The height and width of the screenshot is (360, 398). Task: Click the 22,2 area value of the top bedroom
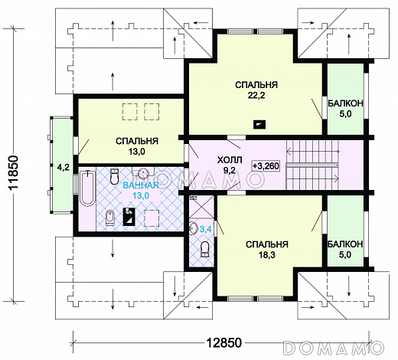[x=256, y=96]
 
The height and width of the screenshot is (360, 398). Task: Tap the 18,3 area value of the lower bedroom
[x=267, y=255]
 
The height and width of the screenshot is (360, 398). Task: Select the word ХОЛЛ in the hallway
[x=229, y=160]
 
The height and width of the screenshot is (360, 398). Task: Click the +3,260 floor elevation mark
[x=266, y=166]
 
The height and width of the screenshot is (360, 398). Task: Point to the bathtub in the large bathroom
[x=87, y=188]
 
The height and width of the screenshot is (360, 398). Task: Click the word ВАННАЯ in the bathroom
[x=141, y=185]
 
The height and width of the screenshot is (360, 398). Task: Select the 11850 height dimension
[x=13, y=172]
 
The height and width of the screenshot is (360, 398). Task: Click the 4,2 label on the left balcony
[x=63, y=168]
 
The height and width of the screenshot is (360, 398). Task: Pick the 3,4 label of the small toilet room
[x=205, y=229]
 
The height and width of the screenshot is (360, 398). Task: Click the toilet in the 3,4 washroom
[x=204, y=249]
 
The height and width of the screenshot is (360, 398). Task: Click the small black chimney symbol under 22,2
[x=259, y=124]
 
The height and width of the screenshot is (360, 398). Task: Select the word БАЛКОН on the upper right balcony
[x=345, y=103]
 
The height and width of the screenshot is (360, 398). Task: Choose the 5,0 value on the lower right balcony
[x=345, y=255]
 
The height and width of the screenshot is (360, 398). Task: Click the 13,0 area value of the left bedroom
[x=137, y=152]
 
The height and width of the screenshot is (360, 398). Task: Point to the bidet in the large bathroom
[x=109, y=218]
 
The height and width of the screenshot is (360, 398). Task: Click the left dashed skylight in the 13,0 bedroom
[x=130, y=112]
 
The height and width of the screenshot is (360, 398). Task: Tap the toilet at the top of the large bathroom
[x=114, y=176]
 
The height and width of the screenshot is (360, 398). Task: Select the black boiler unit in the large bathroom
[x=129, y=217]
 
